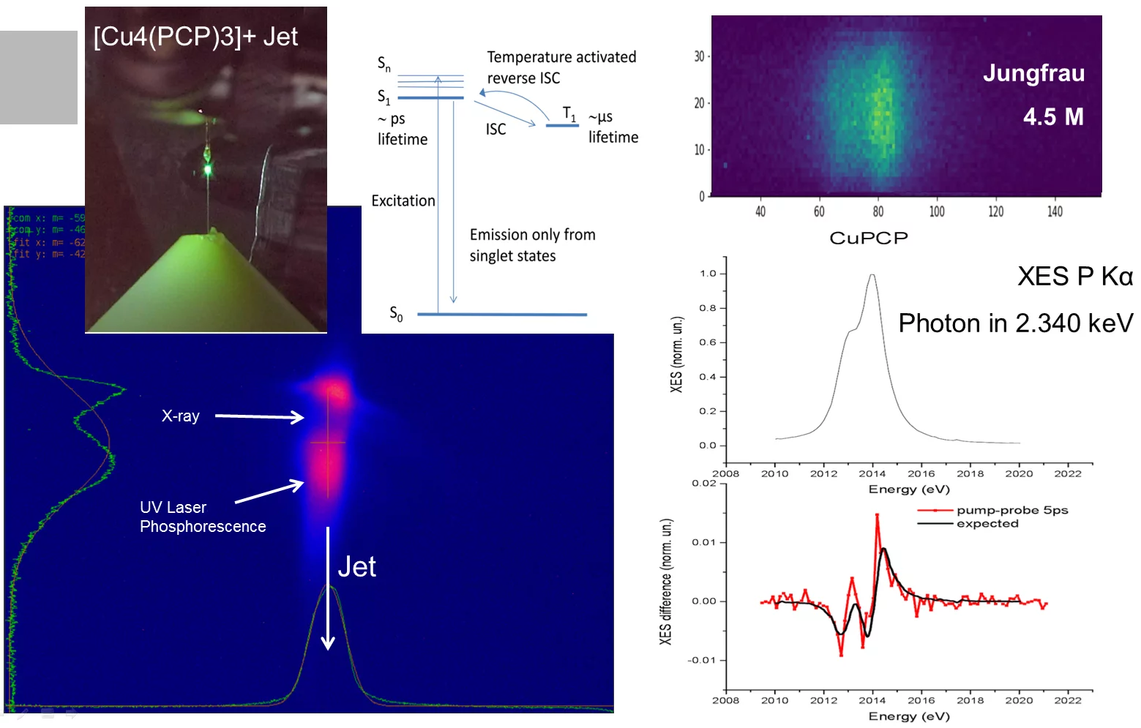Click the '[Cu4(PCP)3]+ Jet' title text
195,37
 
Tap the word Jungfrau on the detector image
1033,73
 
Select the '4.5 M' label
1052,117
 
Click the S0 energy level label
396,314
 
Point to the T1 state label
569,113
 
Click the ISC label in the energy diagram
495,130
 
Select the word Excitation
403,201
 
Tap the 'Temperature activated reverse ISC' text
561,67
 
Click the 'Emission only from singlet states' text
532,245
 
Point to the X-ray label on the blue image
181,416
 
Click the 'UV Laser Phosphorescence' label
203,517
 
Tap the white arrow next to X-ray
259,417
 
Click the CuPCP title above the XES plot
868,239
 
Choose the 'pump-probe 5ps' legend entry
1011,510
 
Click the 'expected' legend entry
987,524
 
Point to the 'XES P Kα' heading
1074,277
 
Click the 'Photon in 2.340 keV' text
1015,323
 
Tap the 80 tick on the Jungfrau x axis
878,211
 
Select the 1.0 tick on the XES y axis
708,274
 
